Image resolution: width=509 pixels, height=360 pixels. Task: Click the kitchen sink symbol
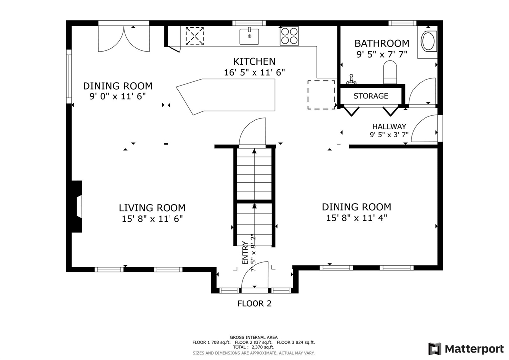click(250, 36)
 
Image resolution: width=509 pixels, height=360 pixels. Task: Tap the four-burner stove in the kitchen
click(289, 36)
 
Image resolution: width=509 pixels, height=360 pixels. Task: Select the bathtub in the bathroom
click(428, 42)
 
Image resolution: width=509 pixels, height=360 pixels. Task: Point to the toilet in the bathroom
click(390, 72)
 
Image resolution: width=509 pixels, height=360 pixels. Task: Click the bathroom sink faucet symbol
click(350, 79)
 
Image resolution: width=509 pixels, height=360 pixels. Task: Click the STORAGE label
click(371, 96)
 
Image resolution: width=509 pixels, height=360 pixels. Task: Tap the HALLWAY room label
click(389, 127)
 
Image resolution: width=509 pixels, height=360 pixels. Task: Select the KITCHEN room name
click(254, 61)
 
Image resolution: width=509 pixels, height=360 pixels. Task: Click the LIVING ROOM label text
click(152, 208)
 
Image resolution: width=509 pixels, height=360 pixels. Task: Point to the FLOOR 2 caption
click(254, 303)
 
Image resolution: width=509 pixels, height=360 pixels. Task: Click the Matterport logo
click(466, 349)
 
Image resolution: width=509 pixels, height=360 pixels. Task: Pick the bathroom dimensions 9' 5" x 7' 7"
click(382, 54)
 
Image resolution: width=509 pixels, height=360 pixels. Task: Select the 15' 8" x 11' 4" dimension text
click(356, 218)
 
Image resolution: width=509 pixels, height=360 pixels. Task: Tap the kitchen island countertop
click(226, 96)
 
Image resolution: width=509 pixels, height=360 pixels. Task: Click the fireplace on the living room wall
click(76, 206)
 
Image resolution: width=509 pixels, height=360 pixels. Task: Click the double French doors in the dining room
click(124, 39)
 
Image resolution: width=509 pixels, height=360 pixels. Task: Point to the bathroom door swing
click(422, 91)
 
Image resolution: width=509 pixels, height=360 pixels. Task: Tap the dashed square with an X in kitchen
click(194, 36)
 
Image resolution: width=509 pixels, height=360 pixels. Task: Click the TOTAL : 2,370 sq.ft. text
click(254, 347)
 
